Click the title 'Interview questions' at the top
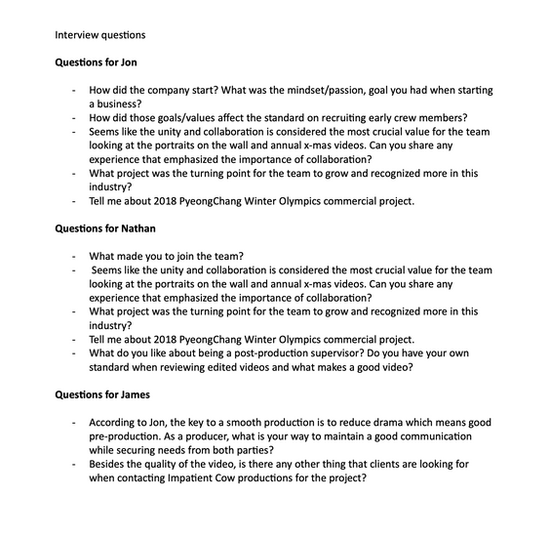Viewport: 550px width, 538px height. point(99,35)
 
